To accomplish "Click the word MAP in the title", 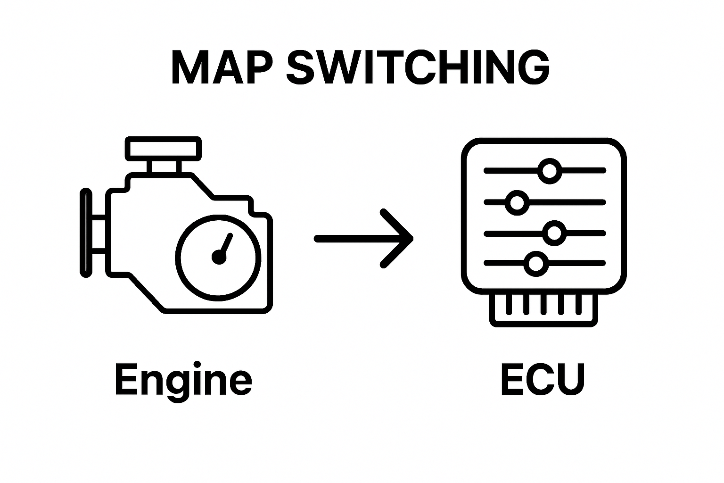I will tap(222, 67).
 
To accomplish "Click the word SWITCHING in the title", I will tap(418, 67).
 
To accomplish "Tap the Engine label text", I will tap(183, 380).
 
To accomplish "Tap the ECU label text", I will tap(543, 379).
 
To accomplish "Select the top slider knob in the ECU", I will tap(549, 170).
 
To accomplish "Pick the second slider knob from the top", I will tap(517, 202).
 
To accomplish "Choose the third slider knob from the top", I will tap(554, 233).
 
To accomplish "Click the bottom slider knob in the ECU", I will tap(535, 263).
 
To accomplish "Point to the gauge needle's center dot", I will tap(219, 257).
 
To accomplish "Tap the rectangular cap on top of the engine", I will tap(163, 149).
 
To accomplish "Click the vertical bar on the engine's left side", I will tap(86, 233).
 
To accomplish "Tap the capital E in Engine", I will tap(125, 379).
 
